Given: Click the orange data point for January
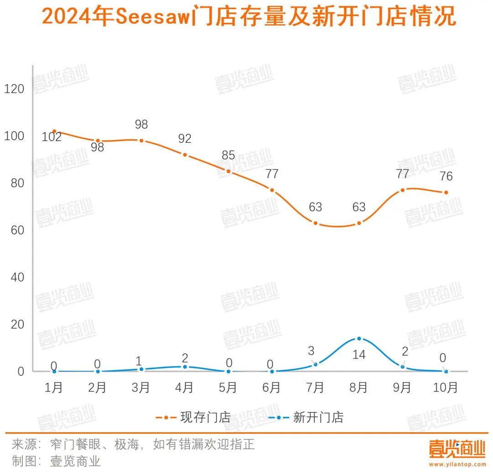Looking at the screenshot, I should click(x=54, y=131).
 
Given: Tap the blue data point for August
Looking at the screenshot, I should click(x=359, y=339).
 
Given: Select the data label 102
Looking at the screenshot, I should click(x=52, y=136).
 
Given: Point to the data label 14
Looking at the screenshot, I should click(x=359, y=354).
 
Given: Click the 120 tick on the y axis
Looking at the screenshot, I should click(x=14, y=89).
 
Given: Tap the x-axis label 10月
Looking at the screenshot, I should click(x=445, y=388).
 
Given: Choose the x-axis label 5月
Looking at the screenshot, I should click(x=228, y=388).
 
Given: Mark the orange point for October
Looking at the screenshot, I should click(x=446, y=192).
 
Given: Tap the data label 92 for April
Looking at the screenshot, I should click(x=185, y=139).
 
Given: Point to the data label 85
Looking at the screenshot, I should click(x=228, y=155).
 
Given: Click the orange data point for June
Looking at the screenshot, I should click(x=272, y=190).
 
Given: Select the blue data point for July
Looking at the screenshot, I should click(x=315, y=364).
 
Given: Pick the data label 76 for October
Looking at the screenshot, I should click(x=446, y=176).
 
